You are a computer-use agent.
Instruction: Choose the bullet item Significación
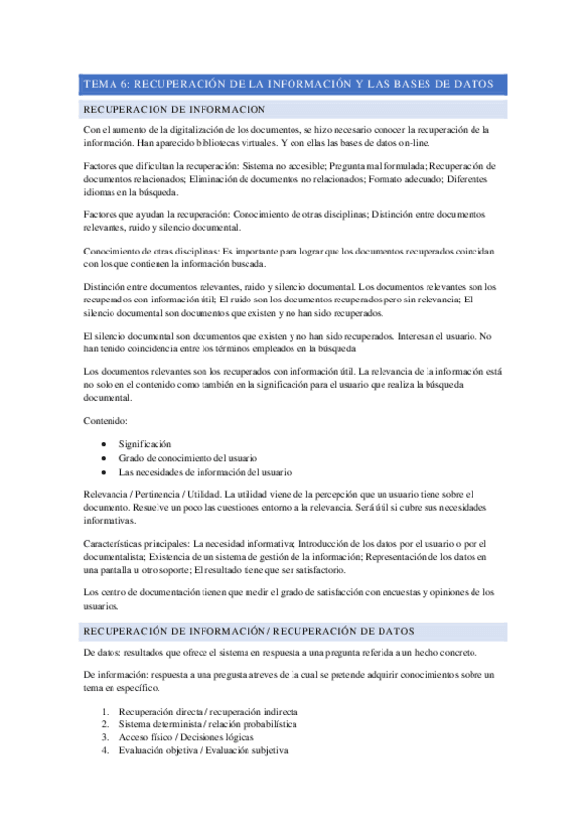click(x=151, y=443)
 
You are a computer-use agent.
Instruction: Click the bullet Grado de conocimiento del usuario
click(x=188, y=457)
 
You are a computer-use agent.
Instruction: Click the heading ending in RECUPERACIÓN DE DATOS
click(x=249, y=630)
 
